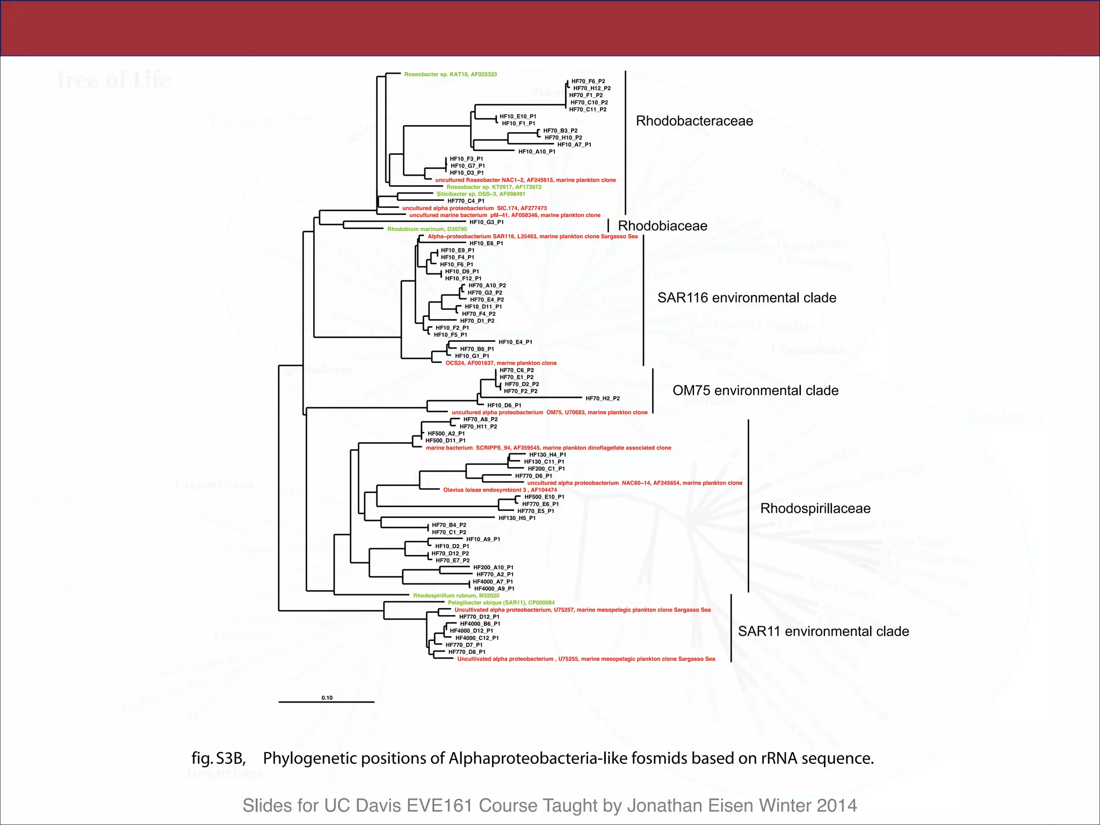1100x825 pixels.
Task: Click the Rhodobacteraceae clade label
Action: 694,121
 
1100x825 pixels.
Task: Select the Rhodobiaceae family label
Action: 662,226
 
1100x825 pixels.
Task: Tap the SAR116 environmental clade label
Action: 747,298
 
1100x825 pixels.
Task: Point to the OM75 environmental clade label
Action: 755,390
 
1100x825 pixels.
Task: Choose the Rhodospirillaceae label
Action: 815,508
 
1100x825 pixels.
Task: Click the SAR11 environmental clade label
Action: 823,631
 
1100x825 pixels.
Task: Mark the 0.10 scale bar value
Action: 327,698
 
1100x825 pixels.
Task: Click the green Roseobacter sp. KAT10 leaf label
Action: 450,75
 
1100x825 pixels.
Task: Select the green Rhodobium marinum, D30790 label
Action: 427,229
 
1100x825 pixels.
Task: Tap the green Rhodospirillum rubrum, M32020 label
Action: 456,596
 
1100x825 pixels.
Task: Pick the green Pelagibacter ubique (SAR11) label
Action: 501,603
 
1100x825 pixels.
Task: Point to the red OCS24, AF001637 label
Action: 501,363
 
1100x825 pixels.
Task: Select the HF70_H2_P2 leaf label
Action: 602,399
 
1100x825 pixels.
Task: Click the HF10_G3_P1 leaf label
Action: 486,222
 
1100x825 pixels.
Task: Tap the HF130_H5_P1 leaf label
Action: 517,518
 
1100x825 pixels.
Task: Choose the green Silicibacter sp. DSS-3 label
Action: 481,194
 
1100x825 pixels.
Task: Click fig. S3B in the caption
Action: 218,758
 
